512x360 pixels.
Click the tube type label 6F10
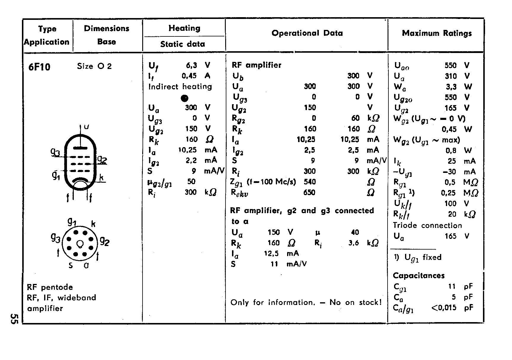point(39,67)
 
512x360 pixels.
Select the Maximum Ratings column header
point(437,33)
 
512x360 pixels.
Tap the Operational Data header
point(307,33)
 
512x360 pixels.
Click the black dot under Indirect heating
point(185,98)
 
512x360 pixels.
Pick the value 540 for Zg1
point(310,181)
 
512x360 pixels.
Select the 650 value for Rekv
point(309,192)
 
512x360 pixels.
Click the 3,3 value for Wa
point(451,87)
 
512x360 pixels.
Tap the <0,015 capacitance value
point(444,308)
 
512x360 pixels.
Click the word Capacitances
point(419,276)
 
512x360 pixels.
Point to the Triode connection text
point(427,226)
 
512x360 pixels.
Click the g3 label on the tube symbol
point(55,152)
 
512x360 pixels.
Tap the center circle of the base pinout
point(80,244)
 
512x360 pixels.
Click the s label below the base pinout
point(71,266)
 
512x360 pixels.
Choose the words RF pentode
point(50,287)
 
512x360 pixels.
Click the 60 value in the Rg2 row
point(355,118)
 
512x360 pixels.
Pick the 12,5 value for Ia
point(271,253)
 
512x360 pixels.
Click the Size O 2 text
point(94,66)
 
